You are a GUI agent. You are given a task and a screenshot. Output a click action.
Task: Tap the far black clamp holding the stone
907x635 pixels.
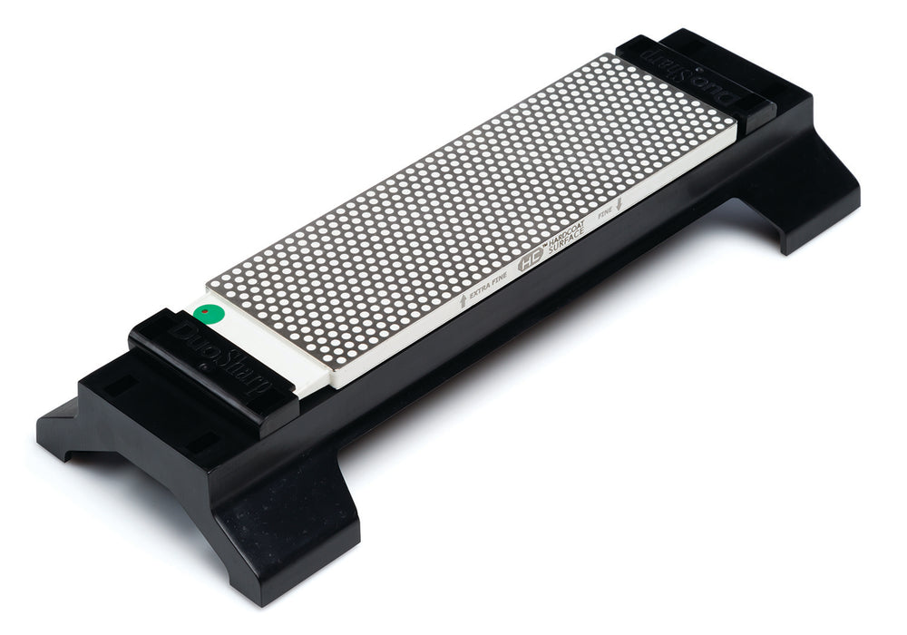click(x=698, y=77)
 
